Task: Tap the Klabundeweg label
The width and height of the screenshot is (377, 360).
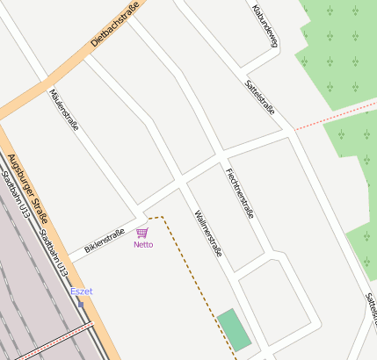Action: pyautogui.click(x=265, y=25)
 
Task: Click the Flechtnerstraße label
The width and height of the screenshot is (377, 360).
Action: pyautogui.click(x=239, y=193)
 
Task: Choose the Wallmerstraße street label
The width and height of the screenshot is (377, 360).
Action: pyautogui.click(x=208, y=233)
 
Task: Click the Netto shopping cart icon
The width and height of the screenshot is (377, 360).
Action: pyautogui.click(x=142, y=233)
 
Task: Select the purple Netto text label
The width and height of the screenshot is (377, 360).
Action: pyautogui.click(x=143, y=245)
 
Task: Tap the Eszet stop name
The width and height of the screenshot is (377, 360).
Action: pyautogui.click(x=81, y=292)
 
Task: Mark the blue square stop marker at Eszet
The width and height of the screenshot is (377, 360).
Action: pyautogui.click(x=81, y=304)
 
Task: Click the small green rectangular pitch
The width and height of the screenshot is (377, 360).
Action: pyautogui.click(x=235, y=330)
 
